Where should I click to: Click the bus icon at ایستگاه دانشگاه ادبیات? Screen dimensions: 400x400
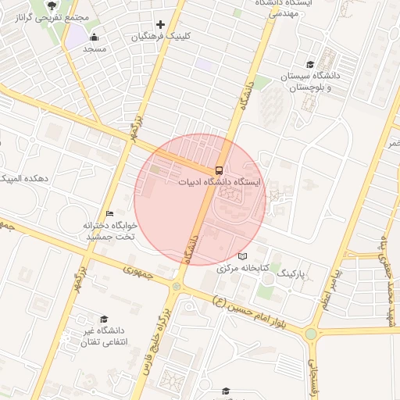pyautogui.click(x=218, y=170)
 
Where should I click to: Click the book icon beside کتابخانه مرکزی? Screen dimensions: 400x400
pyautogui.click(x=242, y=256)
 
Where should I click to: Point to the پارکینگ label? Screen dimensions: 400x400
pyautogui.click(x=294, y=274)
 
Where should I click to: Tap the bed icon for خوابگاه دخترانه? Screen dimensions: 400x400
pyautogui.click(x=110, y=213)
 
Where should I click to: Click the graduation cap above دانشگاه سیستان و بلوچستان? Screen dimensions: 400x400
pyautogui.click(x=310, y=65)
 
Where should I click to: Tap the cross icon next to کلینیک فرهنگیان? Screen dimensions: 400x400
pyautogui.click(x=160, y=25)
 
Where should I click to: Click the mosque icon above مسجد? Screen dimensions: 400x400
pyautogui.click(x=95, y=37)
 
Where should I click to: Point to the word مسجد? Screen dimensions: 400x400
pyautogui.click(x=95, y=48)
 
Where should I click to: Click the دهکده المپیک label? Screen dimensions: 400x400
pyautogui.click(x=25, y=179)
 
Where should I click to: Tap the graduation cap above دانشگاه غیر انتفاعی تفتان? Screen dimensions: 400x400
pyautogui.click(x=104, y=319)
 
